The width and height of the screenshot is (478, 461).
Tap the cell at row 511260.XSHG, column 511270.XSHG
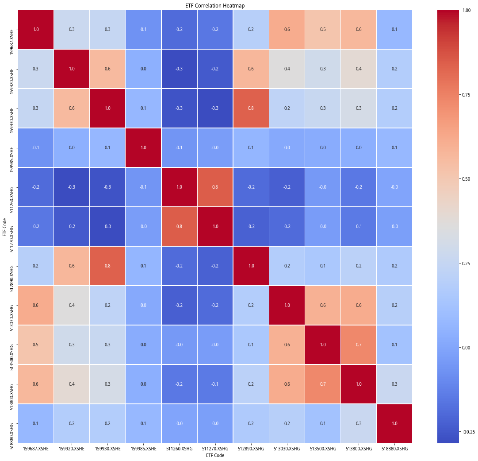tap(215, 187)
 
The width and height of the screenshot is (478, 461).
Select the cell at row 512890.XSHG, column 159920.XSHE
tap(72, 266)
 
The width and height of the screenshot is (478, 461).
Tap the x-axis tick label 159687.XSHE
tap(36, 449)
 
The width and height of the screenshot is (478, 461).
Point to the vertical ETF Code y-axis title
tap(5, 226)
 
